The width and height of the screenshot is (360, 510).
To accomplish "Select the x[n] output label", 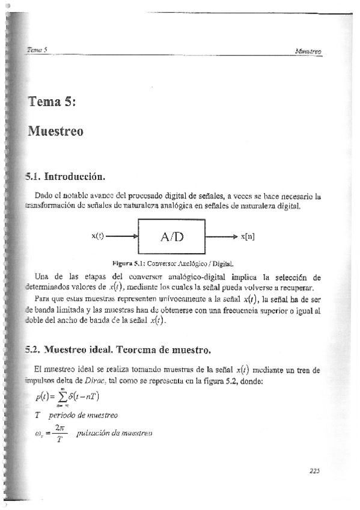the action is pos(247,236).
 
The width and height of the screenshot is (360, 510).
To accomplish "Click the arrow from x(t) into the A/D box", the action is pos(122,236).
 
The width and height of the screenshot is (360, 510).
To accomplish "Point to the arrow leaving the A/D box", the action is pos(221,236).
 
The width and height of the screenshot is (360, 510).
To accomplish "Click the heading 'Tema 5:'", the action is pos(51,102).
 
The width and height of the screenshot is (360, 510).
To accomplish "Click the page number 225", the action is pos(316,472).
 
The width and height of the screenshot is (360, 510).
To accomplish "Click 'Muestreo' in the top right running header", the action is pos(309,52).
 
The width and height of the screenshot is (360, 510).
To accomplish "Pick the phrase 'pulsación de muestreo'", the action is pos(115,433).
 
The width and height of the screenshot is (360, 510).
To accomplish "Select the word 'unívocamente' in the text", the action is pos(192,297).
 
